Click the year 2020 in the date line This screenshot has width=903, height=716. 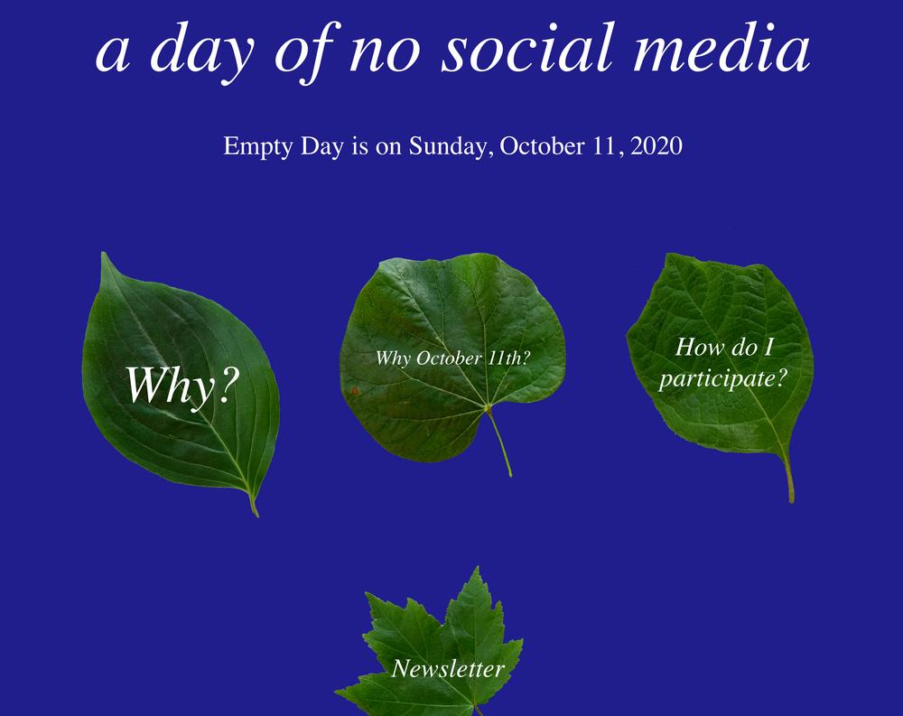coord(656,145)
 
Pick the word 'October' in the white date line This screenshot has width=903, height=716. coord(542,145)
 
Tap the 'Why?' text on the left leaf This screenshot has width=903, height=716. coord(182,386)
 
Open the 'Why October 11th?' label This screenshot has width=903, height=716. coord(452,358)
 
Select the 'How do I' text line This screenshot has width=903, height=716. coord(724,347)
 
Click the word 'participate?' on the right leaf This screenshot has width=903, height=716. coord(722,379)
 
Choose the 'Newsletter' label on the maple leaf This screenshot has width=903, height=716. coord(448,668)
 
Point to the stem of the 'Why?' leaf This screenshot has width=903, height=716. coord(254,506)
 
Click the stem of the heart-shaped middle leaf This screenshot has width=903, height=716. coord(500,442)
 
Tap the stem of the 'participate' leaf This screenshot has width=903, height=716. coord(788,475)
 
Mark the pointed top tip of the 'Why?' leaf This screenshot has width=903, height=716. coord(103,254)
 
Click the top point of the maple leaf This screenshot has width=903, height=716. coord(477,568)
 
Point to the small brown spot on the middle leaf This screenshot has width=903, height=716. coord(355,391)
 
